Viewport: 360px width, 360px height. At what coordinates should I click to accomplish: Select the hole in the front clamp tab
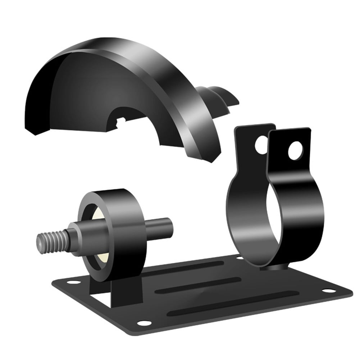pos(295,150)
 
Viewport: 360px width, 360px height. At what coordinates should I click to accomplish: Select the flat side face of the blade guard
pos(86,90)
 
